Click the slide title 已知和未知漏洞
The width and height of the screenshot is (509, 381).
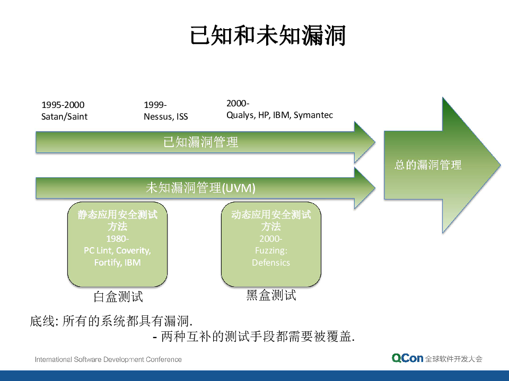(x=268, y=37)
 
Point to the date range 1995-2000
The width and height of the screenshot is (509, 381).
(x=63, y=105)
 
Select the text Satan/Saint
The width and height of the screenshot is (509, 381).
(x=64, y=116)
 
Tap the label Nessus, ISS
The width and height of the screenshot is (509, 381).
(x=165, y=116)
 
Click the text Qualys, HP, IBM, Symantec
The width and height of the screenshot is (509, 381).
(x=279, y=115)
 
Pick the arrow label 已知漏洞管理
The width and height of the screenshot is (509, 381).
(x=200, y=142)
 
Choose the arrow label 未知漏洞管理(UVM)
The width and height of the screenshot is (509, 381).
(x=200, y=187)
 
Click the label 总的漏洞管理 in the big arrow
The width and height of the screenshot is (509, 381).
(x=428, y=165)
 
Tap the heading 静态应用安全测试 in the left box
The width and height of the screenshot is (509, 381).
(x=117, y=215)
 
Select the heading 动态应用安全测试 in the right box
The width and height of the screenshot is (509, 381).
(x=271, y=215)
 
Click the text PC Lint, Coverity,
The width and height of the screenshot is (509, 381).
(x=117, y=250)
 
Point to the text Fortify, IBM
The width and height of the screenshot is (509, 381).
(x=117, y=262)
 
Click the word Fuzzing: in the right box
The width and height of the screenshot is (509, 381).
(x=271, y=250)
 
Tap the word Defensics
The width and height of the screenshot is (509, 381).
(x=271, y=262)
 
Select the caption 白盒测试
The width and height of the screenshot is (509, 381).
(x=118, y=296)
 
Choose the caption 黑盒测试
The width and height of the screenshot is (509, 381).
(x=271, y=295)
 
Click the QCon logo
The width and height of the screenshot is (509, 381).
(x=407, y=358)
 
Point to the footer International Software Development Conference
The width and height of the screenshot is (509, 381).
(x=108, y=359)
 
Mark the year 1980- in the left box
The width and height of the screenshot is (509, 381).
(x=117, y=239)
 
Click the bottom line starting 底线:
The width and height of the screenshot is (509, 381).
(x=111, y=321)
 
